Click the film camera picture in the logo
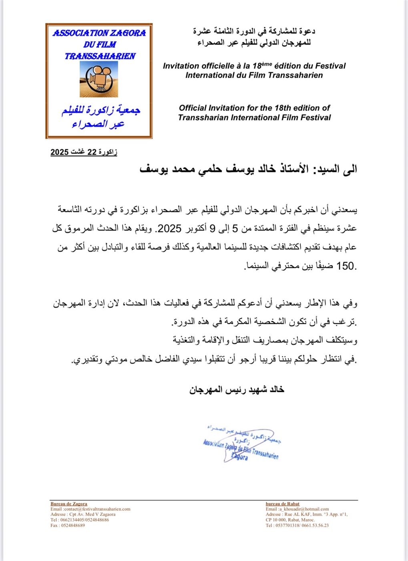point(98,79)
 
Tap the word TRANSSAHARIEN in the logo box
point(100,56)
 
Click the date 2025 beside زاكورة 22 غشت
point(59,152)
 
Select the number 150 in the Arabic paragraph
point(345,266)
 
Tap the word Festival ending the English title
point(315,117)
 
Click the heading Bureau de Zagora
point(69,504)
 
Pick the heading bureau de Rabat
point(282,504)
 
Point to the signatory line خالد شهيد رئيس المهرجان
point(237,389)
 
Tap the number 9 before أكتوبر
point(213,228)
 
